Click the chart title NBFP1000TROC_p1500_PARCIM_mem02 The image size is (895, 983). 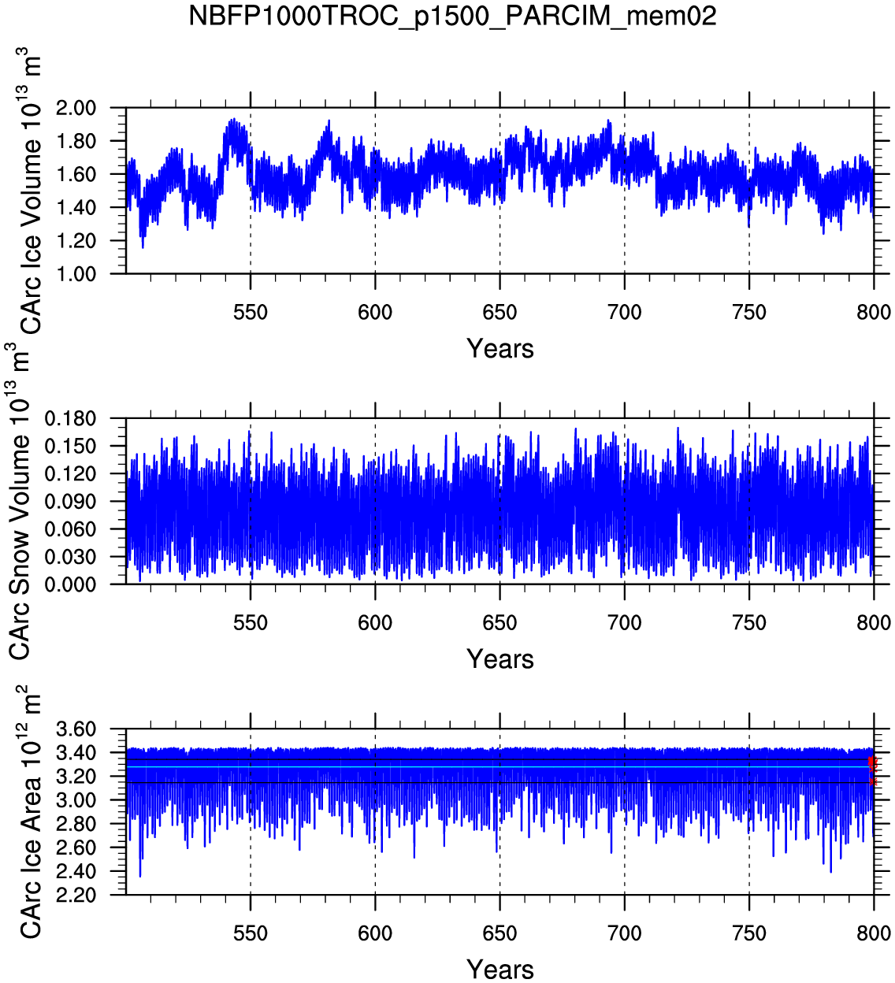(x=452, y=16)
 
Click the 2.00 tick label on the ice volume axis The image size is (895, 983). (x=76, y=108)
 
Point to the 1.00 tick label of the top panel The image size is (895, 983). (x=76, y=273)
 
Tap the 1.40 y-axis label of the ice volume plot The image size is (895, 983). (x=76, y=207)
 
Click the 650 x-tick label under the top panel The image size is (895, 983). (x=499, y=313)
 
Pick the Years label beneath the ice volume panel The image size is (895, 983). (x=500, y=349)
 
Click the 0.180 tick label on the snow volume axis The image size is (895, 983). (x=70, y=419)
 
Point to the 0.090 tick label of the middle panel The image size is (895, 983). (x=70, y=502)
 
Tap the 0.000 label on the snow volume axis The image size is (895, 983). (x=70, y=584)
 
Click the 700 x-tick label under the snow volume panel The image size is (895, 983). (x=624, y=623)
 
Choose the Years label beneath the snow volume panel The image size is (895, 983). (x=500, y=659)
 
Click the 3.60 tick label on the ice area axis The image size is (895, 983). (x=76, y=729)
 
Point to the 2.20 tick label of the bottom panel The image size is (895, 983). (x=76, y=896)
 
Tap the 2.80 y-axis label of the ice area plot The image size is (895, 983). (x=76, y=824)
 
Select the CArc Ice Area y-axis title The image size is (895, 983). (x=30, y=815)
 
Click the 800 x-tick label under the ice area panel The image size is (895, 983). (x=874, y=933)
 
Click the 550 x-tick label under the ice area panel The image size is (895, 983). (x=251, y=933)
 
